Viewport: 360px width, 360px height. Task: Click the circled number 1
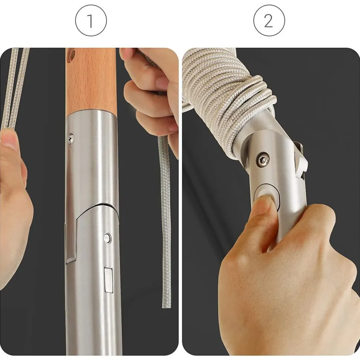[x=91, y=21]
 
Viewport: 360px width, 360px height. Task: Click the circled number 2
[x=269, y=21]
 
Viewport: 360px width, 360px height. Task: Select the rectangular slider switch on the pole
[x=109, y=280]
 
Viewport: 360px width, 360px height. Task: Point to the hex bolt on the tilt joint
[x=262, y=160]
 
